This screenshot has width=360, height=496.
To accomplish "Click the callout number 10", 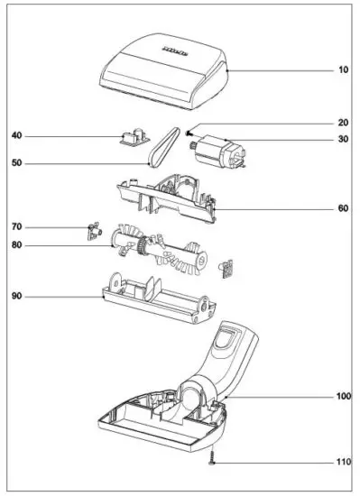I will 343,70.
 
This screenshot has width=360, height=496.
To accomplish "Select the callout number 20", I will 343,124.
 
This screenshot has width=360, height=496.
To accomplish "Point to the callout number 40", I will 16,136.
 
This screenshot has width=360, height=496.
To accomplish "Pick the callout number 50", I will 16,163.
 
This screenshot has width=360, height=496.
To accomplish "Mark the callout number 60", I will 343,208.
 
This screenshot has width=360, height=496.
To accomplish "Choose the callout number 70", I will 16,226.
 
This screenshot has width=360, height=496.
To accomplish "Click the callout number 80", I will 16,244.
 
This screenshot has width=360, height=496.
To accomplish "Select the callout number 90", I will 16,294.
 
